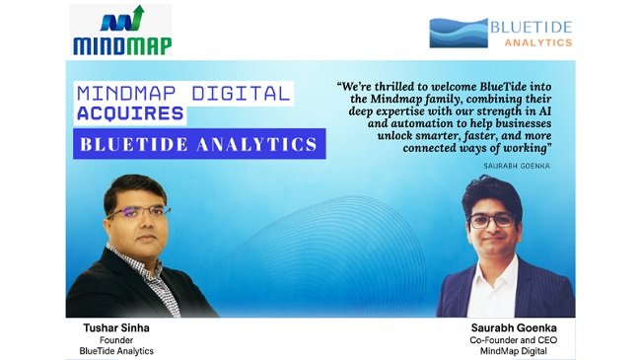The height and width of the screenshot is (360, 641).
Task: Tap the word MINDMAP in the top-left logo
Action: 122,43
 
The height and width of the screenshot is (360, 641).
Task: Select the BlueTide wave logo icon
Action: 457,32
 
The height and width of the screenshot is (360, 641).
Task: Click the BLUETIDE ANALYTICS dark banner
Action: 200,145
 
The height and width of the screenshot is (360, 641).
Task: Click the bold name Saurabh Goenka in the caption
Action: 506,324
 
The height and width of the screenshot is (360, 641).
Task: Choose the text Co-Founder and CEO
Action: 506,338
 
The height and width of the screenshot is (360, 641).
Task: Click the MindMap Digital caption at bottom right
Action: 506,351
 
